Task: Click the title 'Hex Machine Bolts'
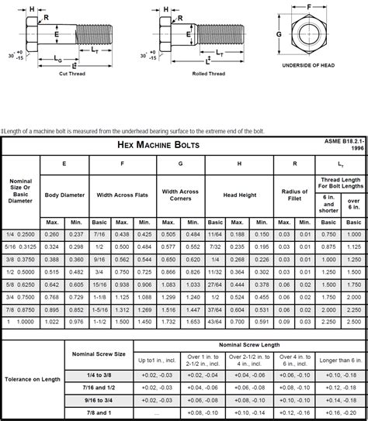pos(158,145)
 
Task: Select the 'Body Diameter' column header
pos(65,195)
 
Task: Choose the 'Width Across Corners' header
pos(181,195)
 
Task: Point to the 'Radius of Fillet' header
pos(295,195)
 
